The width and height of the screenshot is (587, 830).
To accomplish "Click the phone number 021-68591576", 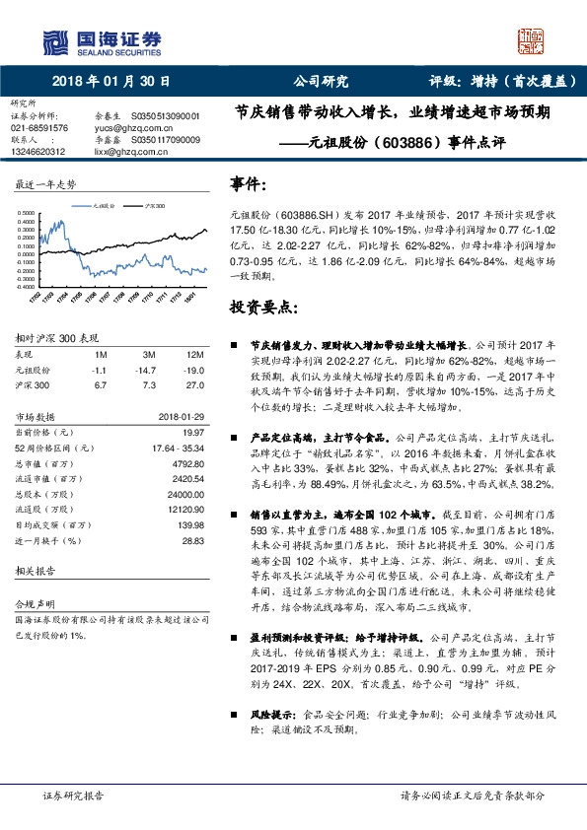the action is (39, 128).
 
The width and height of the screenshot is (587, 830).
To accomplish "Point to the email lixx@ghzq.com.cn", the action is (122, 151).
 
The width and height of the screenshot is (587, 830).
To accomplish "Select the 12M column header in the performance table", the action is (193, 353).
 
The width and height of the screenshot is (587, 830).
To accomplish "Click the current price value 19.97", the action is (192, 432).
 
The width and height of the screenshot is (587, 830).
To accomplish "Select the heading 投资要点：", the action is (263, 308).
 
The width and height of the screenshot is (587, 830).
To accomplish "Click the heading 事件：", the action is (248, 183).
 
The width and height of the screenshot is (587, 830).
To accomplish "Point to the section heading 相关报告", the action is (36, 572).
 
